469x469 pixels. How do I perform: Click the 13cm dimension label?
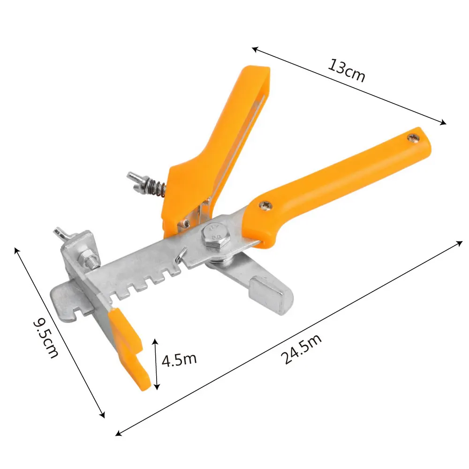click(x=347, y=71)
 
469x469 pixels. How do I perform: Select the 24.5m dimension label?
click(x=301, y=348)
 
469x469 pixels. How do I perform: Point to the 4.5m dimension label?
click(x=179, y=359)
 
